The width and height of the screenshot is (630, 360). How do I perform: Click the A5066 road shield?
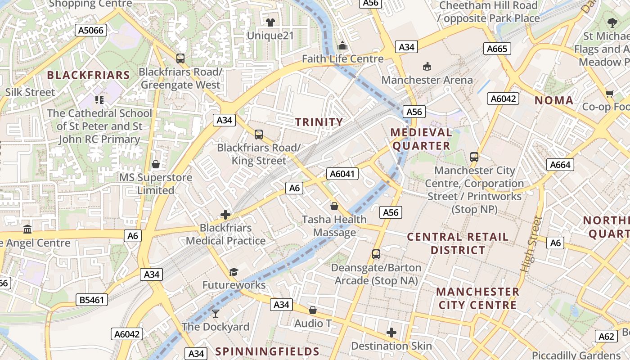point(91,31)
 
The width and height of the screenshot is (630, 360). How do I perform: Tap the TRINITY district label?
point(319,122)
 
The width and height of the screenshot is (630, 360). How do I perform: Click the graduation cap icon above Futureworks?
point(234,272)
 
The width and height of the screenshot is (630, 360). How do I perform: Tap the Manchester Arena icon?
point(427,67)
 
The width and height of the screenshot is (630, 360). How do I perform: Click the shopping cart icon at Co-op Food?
point(609,94)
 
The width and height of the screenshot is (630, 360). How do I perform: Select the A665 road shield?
point(497,49)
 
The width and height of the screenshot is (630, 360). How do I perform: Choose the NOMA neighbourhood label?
point(554,100)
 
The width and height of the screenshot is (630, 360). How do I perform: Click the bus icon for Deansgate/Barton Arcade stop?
point(376,254)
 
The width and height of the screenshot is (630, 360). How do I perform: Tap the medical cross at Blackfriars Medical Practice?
point(225,215)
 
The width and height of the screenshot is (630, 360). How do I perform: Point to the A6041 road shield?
point(342,174)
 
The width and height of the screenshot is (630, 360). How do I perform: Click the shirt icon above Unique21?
point(270,22)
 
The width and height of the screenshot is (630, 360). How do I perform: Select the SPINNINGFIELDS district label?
point(267,351)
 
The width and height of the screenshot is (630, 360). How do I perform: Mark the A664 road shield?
point(560,165)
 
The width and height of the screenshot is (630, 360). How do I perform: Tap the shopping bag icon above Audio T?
point(313,310)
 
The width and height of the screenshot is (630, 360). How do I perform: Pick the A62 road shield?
point(606,336)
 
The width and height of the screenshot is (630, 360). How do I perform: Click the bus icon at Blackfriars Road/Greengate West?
point(180,58)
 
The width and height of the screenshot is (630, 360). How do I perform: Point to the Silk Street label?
point(30,92)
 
